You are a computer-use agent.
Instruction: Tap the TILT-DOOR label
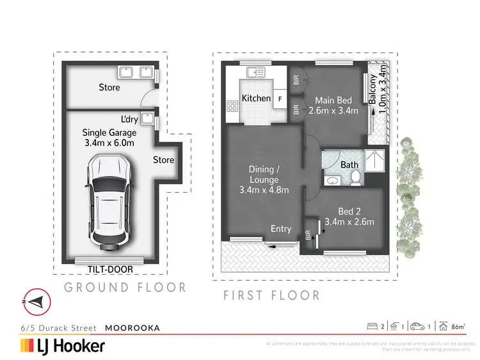click(x=108, y=270)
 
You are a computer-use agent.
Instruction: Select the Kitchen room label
click(x=256, y=99)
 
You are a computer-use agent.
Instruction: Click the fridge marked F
click(x=280, y=99)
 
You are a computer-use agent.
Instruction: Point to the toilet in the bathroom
click(x=355, y=177)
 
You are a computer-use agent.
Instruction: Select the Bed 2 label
click(x=349, y=212)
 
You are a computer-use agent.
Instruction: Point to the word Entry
click(x=281, y=229)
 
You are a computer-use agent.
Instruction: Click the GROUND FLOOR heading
click(x=125, y=288)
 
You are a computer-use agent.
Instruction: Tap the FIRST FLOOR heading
click(x=271, y=295)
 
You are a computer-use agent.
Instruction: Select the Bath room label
click(x=349, y=165)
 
